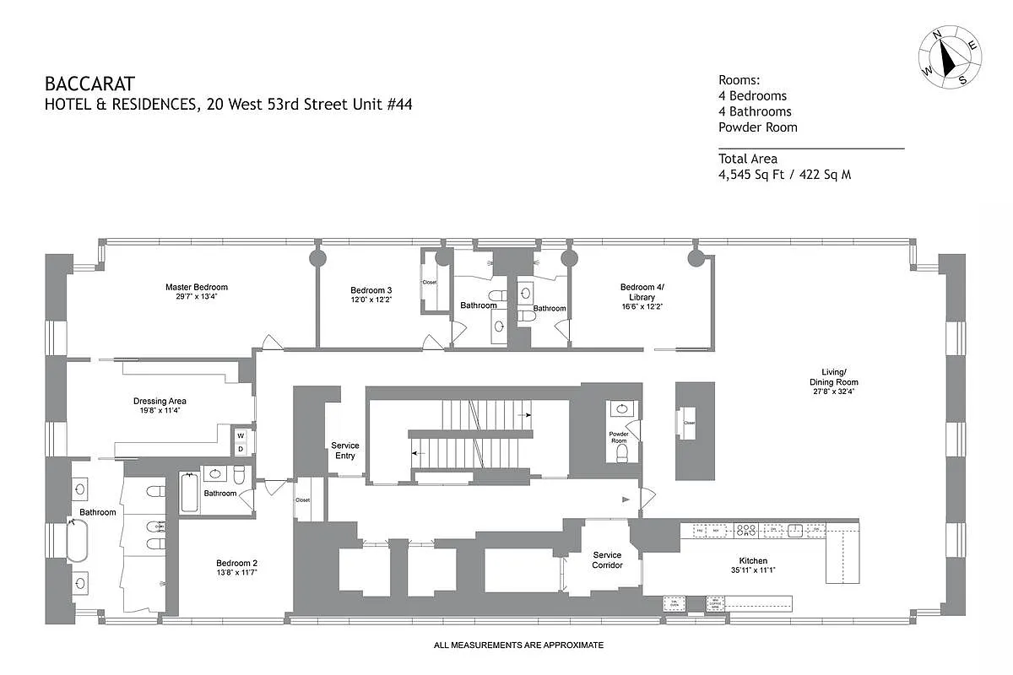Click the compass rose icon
click(x=951, y=56)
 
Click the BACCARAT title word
click(x=89, y=84)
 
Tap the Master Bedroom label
click(x=196, y=288)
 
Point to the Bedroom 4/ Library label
click(x=642, y=292)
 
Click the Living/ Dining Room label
click(x=834, y=376)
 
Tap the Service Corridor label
click(x=607, y=560)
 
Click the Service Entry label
click(x=345, y=451)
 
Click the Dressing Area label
click(x=160, y=401)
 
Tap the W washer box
click(x=241, y=436)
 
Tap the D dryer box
click(x=241, y=449)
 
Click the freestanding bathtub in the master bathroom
click(x=77, y=541)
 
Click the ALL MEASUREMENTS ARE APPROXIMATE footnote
click(x=518, y=645)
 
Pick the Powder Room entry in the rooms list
click(x=757, y=127)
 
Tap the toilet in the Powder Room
click(x=623, y=455)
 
